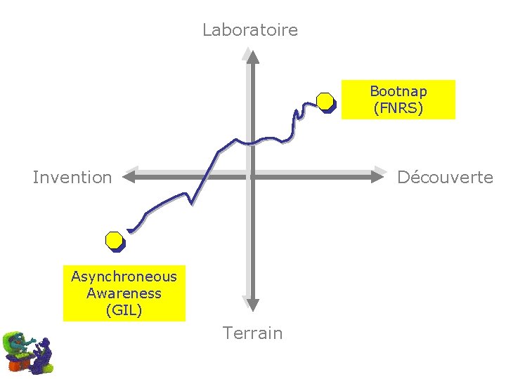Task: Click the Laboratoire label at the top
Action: point(249,30)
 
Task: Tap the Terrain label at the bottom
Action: point(252,333)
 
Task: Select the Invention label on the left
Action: point(72,178)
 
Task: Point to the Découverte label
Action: point(445,178)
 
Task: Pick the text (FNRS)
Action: point(398,108)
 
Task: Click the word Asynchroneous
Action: point(124,277)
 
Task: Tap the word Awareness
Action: point(124,293)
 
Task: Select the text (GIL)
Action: point(124,310)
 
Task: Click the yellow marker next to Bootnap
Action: point(325,102)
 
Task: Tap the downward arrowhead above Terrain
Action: point(252,303)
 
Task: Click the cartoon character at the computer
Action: point(27,352)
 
